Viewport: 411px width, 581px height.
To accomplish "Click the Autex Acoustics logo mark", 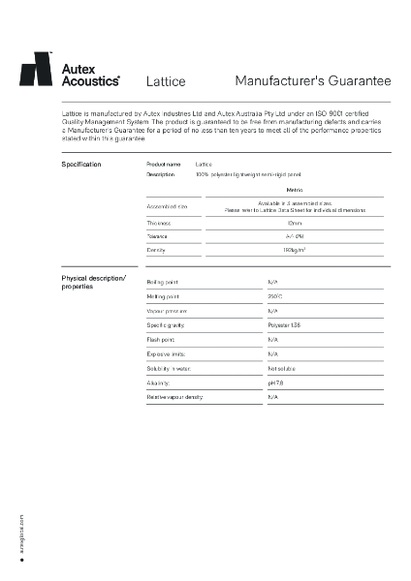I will tap(36, 71).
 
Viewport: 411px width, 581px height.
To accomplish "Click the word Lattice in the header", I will tap(165, 82).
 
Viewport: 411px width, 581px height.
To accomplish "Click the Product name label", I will tap(163, 165).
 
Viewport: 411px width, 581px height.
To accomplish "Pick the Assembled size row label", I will tap(167, 206).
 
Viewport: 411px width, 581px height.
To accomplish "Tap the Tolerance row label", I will tap(157, 235).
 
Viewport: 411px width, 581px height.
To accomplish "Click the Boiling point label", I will tap(162, 282).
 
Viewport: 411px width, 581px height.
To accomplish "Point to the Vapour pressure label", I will tap(166, 311).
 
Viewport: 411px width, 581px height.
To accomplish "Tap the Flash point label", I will tap(160, 340).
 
